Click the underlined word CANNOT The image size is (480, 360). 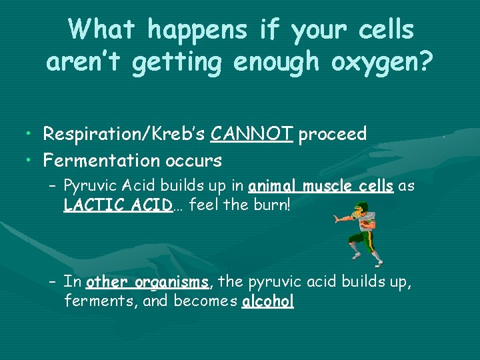[x=251, y=135]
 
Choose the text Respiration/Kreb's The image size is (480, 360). [x=124, y=135]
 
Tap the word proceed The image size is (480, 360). [x=333, y=135]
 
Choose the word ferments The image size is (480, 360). [x=89, y=301]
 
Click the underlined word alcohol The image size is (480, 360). [x=267, y=301]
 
